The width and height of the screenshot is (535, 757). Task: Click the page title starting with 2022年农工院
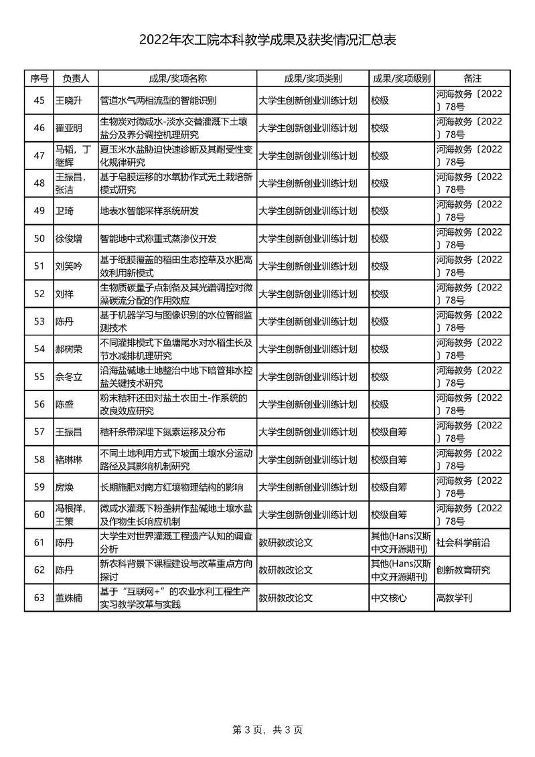point(267,41)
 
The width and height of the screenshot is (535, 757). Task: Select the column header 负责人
point(75,78)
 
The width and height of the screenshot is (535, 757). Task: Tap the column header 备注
point(472,78)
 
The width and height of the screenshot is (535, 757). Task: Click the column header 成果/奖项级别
point(401,78)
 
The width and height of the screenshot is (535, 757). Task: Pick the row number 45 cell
point(39,100)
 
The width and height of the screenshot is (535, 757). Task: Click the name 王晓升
point(68,100)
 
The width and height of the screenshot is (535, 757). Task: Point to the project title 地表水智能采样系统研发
point(149,211)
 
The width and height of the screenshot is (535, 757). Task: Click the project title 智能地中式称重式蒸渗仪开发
point(158,238)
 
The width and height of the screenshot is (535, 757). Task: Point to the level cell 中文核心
point(388,598)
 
